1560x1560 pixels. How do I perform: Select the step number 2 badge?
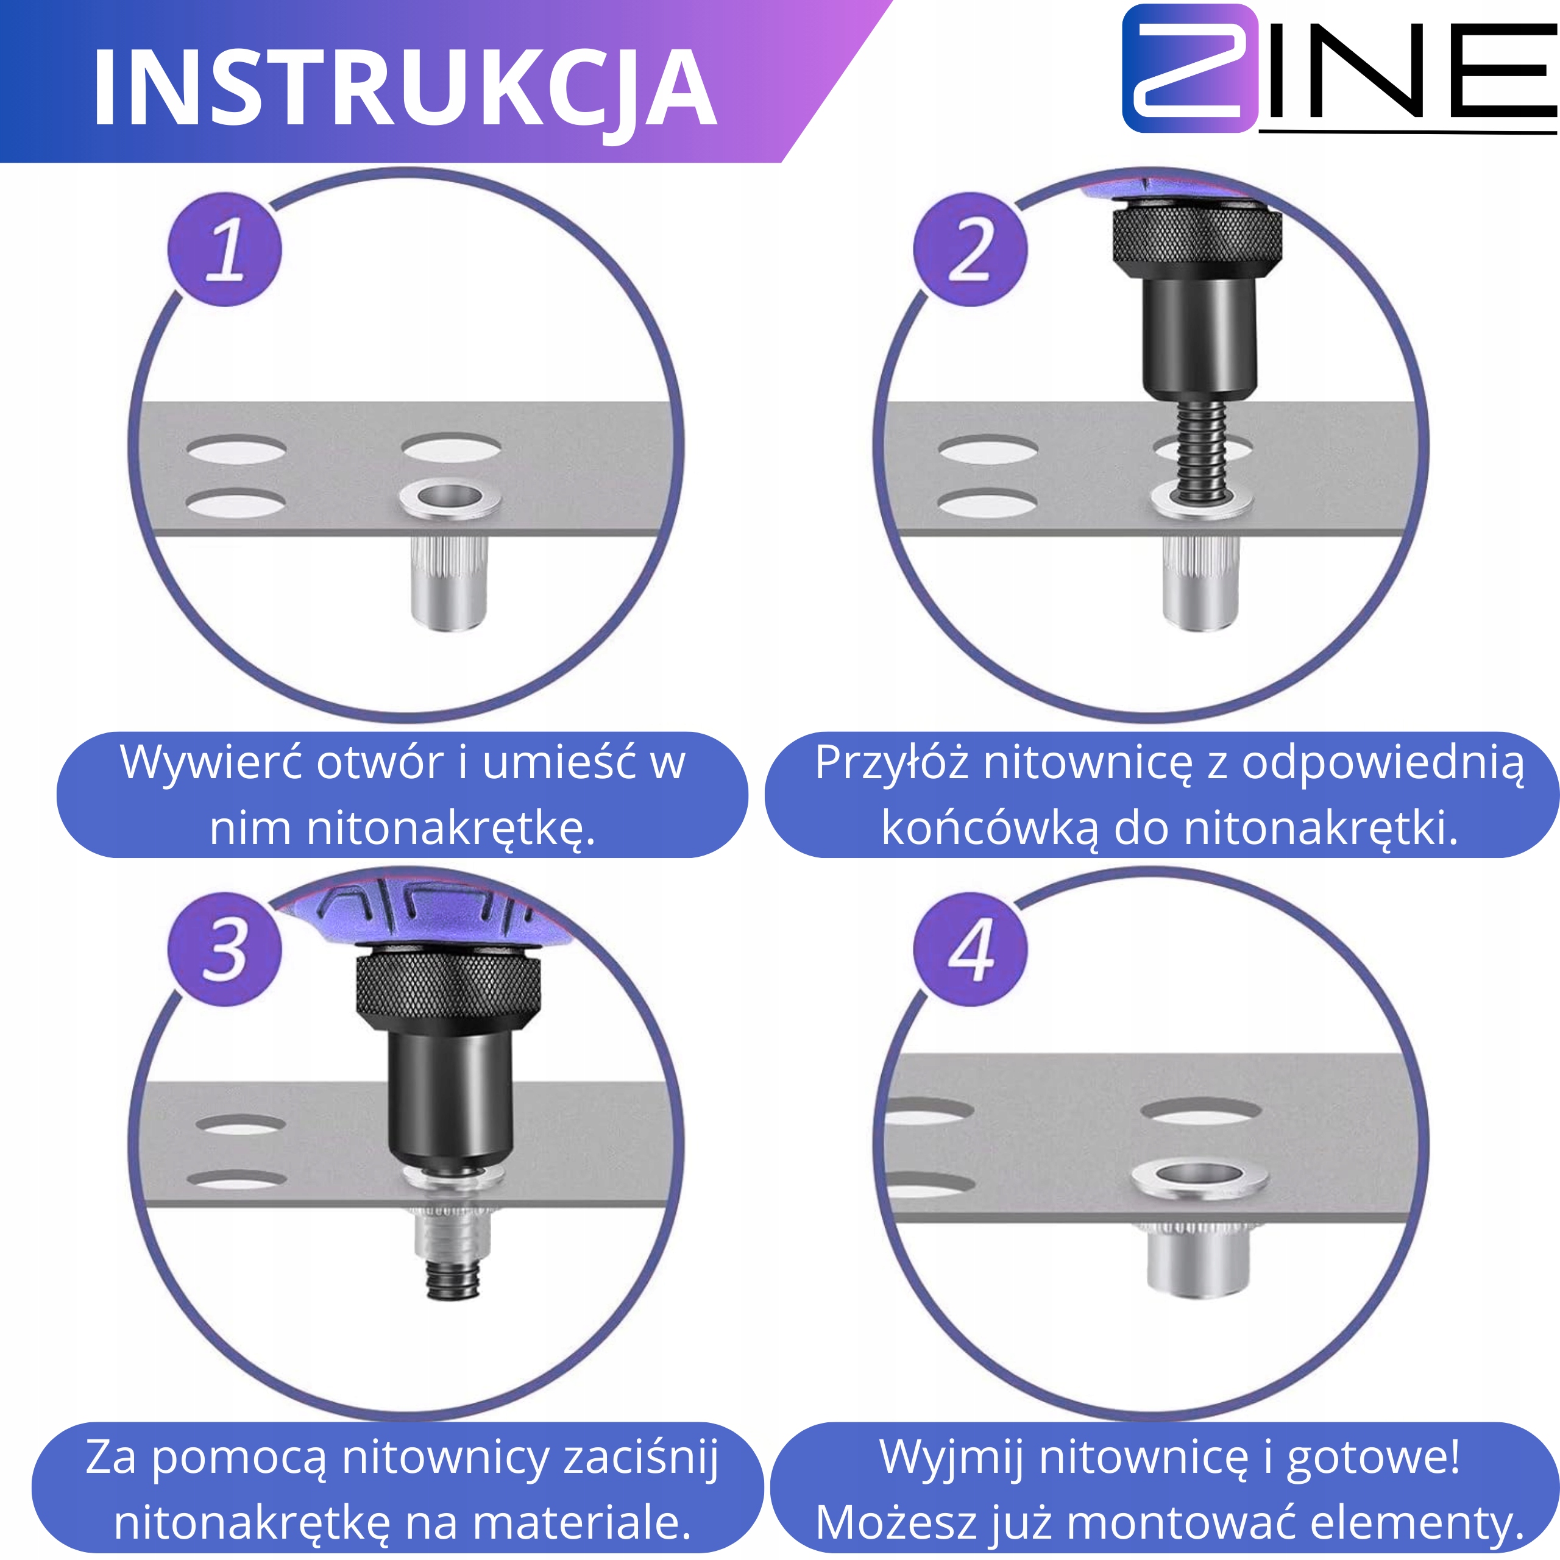tap(971, 249)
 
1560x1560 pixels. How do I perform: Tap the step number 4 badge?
tap(971, 949)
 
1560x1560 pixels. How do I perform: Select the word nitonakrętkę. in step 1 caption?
tap(402, 829)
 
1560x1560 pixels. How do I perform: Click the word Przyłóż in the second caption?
tap(892, 762)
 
